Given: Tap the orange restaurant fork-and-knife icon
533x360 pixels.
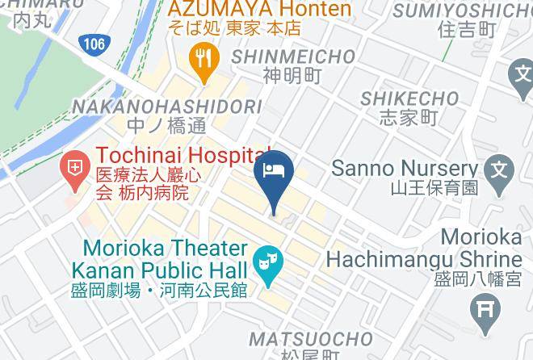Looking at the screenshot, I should tap(204, 59).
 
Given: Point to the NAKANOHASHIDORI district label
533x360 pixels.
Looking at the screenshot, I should tap(167, 107).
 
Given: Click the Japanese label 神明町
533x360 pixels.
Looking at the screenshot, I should tap(292, 76).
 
